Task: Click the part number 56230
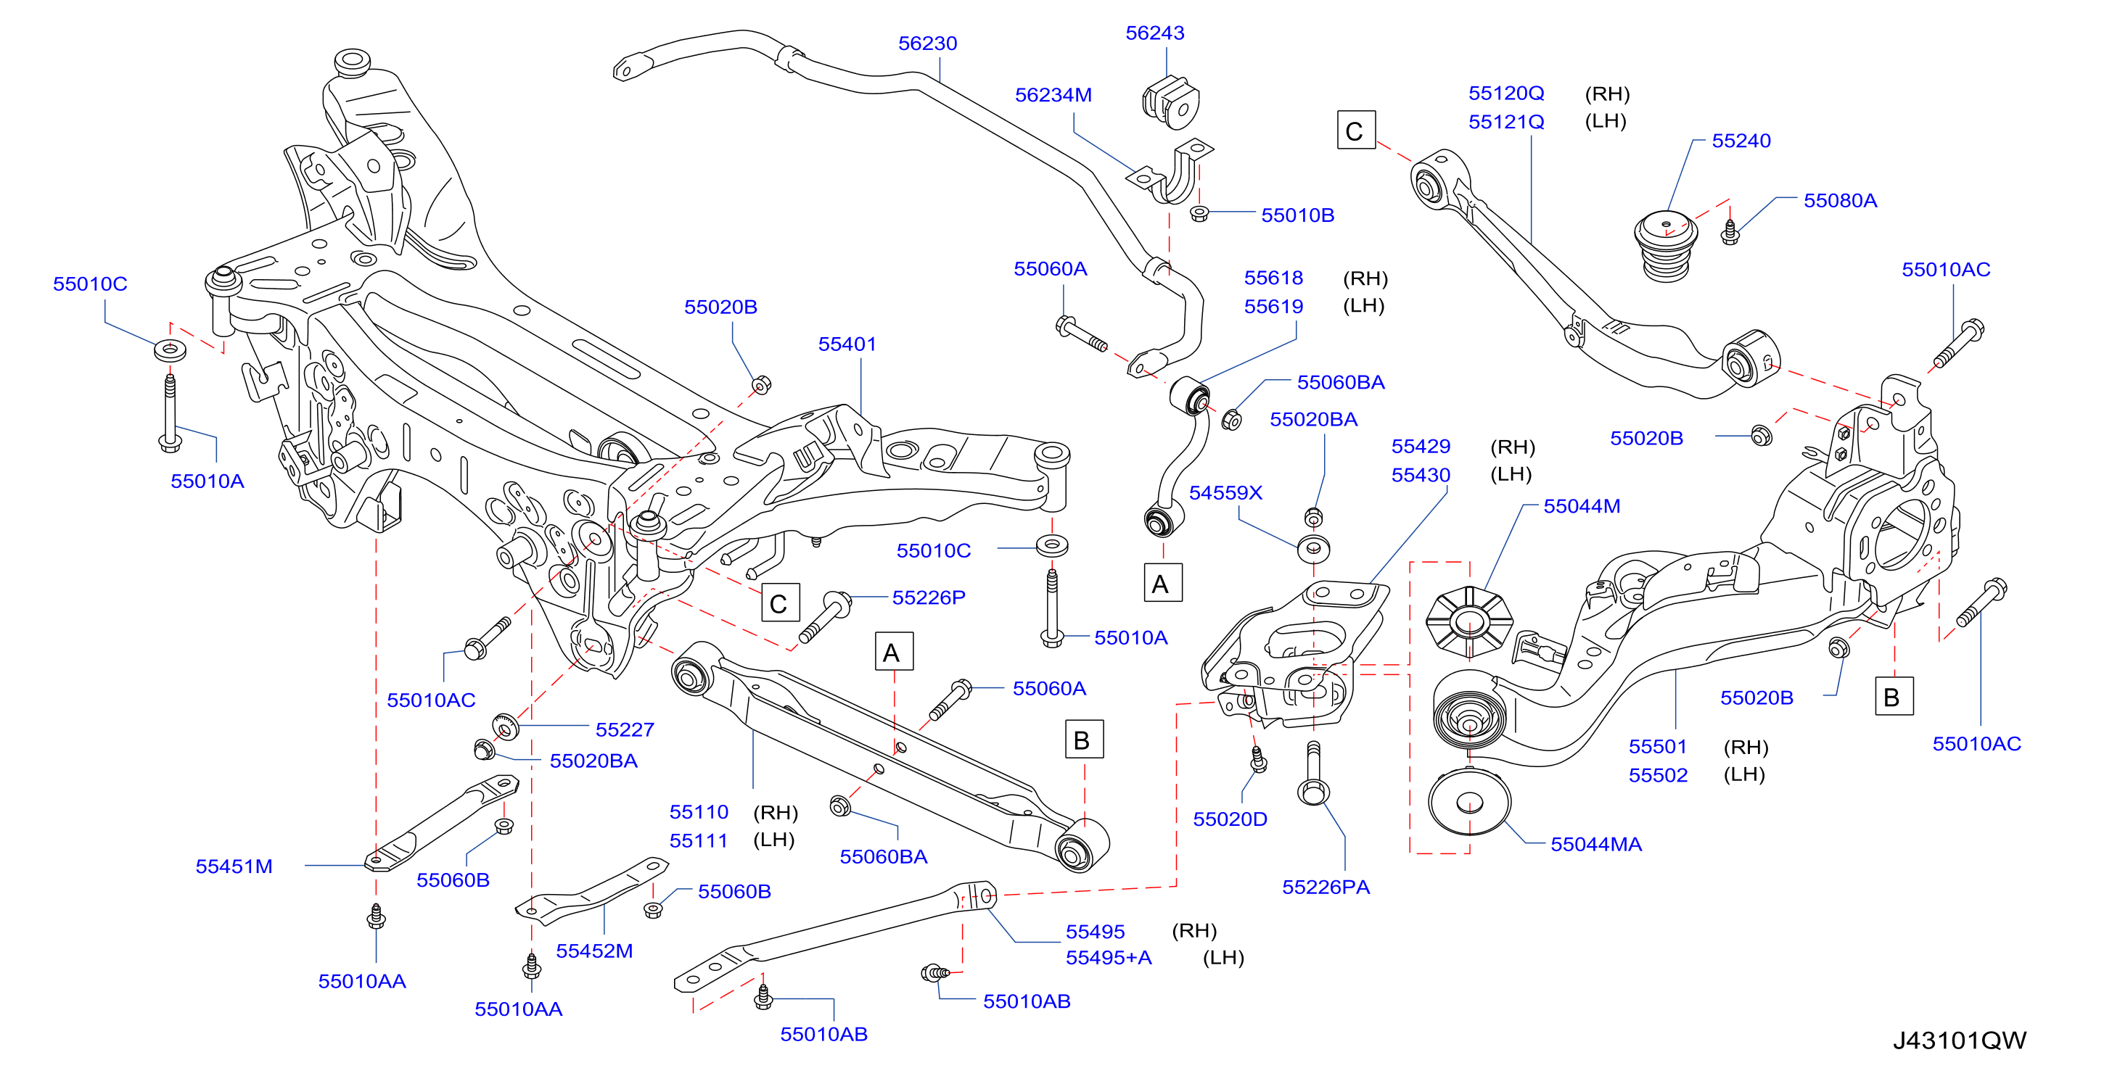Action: point(927,44)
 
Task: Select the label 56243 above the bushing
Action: point(1154,33)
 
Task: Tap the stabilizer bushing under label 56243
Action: point(1171,102)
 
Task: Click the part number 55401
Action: point(847,344)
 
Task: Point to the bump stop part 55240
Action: point(1666,247)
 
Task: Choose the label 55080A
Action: point(1840,201)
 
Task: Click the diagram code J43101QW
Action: point(1959,1040)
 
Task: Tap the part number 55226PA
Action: point(1326,887)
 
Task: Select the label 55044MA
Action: point(1595,844)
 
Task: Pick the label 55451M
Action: point(234,866)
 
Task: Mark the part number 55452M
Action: point(594,951)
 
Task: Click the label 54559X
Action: point(1225,492)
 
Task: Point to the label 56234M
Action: point(1053,95)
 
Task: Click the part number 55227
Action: point(625,729)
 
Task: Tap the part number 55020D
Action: point(1230,819)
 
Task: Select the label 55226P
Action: point(929,597)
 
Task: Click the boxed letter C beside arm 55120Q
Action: point(1355,131)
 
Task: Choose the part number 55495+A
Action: point(1109,957)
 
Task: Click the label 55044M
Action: point(1582,506)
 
